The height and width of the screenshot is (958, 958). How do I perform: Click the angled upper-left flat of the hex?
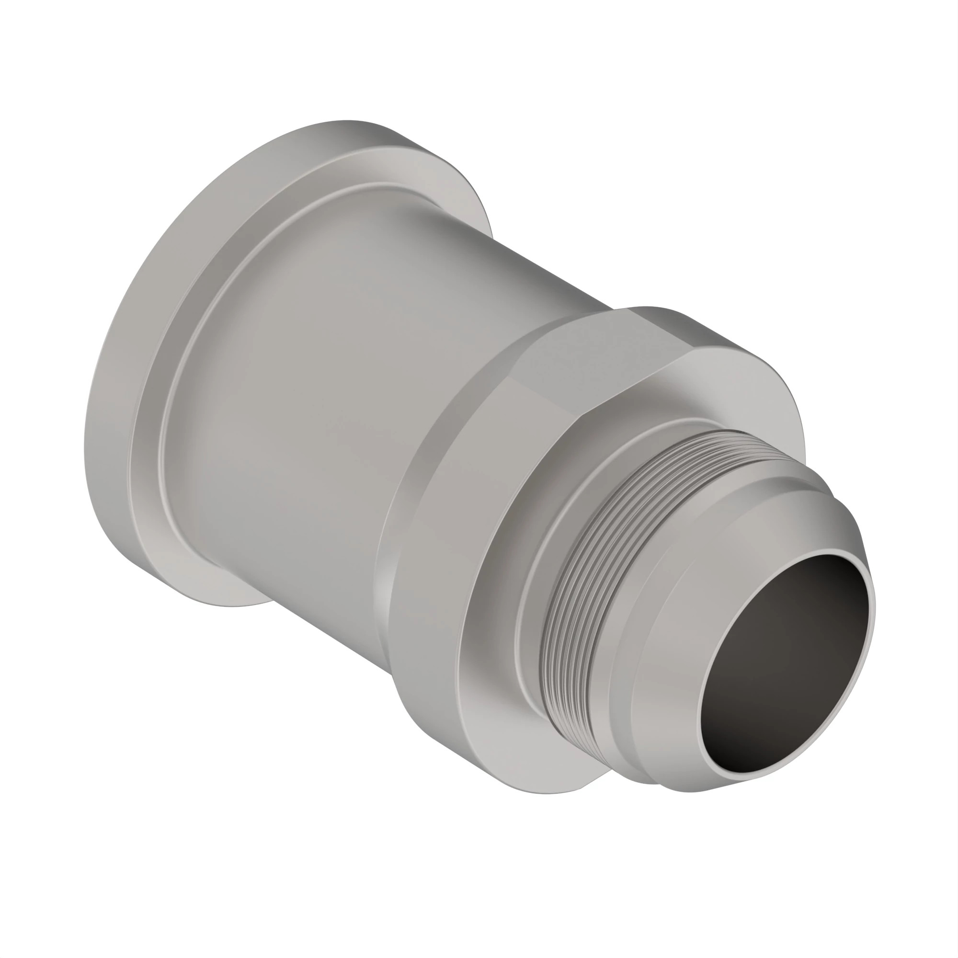[x=546, y=367]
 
